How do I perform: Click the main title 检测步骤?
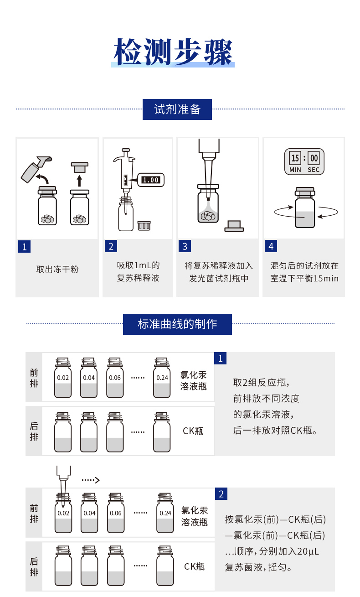pyautogui.click(x=173, y=52)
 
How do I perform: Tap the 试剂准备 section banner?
pyautogui.click(x=177, y=109)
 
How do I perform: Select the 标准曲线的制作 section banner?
pyautogui.click(x=177, y=324)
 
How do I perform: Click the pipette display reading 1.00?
pyautogui.click(x=150, y=180)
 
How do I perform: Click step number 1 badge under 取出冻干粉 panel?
pyautogui.click(x=24, y=247)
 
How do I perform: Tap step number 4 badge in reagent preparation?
pyautogui.click(x=271, y=246)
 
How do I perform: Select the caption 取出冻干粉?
pyautogui.click(x=57, y=269)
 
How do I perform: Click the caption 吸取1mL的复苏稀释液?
pyautogui.click(x=138, y=271)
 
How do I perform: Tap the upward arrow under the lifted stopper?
pyautogui.click(x=80, y=180)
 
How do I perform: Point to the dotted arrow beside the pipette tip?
pyautogui.click(x=90, y=480)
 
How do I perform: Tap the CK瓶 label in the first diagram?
pyautogui.click(x=193, y=431)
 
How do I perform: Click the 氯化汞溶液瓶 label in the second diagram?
pyautogui.click(x=195, y=516)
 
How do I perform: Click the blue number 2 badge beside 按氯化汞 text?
pyautogui.click(x=221, y=494)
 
